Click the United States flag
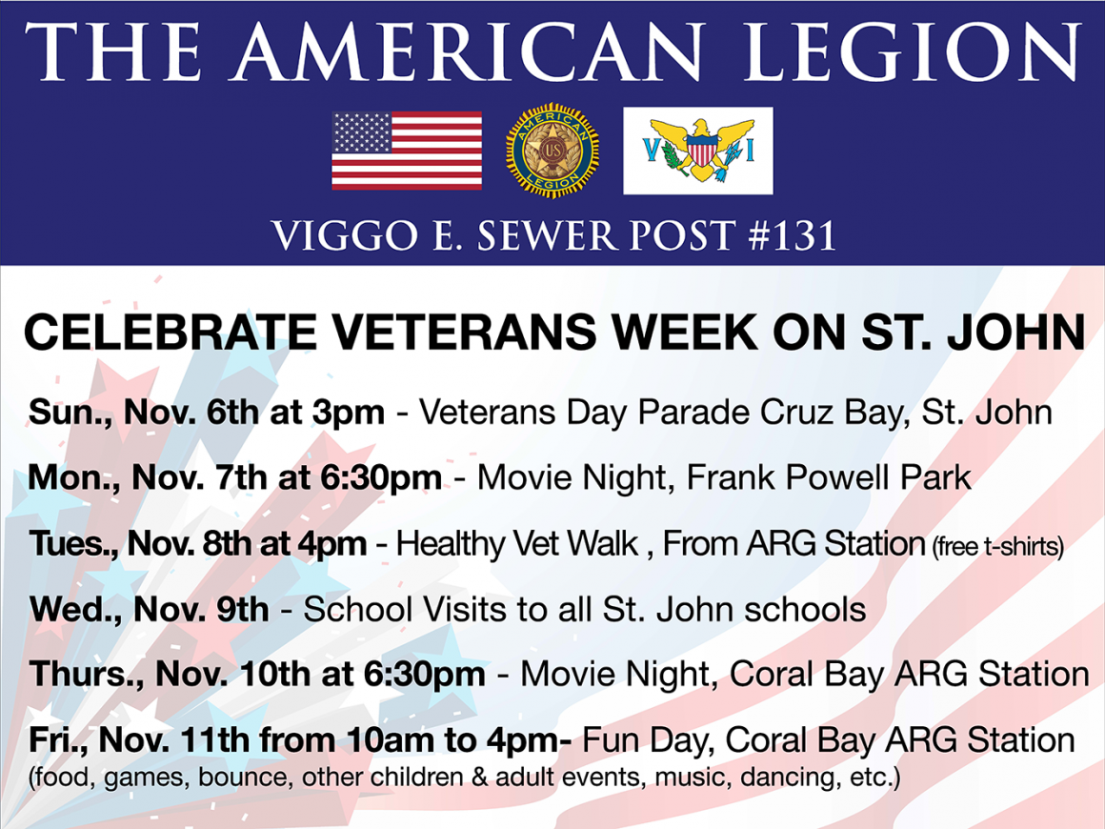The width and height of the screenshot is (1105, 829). coord(407,151)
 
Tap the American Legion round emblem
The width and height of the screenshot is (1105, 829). coord(552,151)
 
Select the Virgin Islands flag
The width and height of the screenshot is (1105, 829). coord(697,151)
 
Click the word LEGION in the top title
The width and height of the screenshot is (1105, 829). coord(912,51)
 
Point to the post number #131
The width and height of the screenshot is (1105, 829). coord(793,235)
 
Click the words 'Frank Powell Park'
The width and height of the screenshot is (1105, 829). coord(829,478)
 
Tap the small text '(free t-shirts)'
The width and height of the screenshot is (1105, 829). coord(998,546)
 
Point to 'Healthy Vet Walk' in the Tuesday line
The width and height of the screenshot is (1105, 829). coord(517,543)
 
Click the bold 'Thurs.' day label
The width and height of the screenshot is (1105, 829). coord(87,674)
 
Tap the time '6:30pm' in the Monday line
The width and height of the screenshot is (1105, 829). coord(381,478)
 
